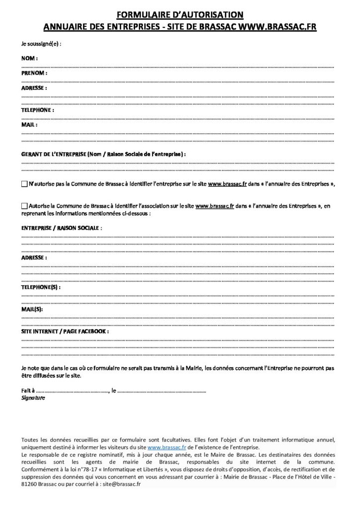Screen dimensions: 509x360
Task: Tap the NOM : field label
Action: [30, 59]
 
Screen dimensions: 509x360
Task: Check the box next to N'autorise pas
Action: [25, 184]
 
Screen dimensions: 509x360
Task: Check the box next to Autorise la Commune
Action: [25, 205]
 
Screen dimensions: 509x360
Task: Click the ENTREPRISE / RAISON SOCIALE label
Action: [62, 227]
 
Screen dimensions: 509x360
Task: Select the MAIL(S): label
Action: [32, 309]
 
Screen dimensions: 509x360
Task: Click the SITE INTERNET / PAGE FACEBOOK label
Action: [65, 331]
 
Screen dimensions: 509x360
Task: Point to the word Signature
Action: [33, 398]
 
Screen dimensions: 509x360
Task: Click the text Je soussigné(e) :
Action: [41, 43]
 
